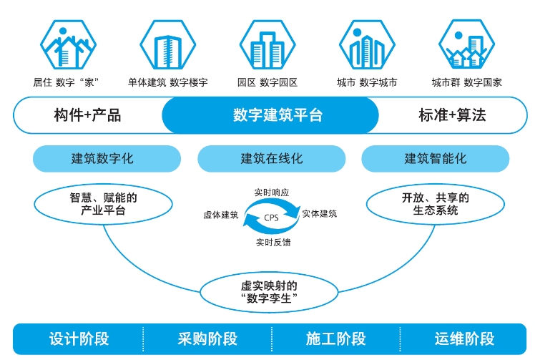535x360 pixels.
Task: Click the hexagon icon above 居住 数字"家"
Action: [68, 45]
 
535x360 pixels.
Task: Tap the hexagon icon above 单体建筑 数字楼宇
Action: [168, 45]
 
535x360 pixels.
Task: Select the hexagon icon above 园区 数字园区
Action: [267, 45]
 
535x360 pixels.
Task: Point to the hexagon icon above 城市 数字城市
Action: [367, 45]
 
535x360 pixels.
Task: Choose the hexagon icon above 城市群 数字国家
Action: [467, 45]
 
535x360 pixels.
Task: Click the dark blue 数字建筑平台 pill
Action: [270, 115]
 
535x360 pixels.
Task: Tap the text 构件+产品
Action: [87, 115]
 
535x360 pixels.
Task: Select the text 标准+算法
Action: [452, 115]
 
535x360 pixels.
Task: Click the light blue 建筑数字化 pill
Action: [107, 158]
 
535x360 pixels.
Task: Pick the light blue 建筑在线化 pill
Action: [272, 158]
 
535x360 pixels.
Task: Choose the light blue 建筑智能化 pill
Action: [436, 158]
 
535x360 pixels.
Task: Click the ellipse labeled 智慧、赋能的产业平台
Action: [104, 204]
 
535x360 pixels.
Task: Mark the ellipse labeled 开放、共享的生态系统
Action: [436, 204]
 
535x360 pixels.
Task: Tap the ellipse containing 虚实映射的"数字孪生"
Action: [269, 292]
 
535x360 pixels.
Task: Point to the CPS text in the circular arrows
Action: [271, 218]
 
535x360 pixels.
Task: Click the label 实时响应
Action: [272, 193]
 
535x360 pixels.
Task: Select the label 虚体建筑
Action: [221, 215]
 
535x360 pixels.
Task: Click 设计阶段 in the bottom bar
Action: [79, 339]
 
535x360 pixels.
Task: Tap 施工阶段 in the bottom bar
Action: [335, 339]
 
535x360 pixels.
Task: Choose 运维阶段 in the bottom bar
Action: [464, 339]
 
